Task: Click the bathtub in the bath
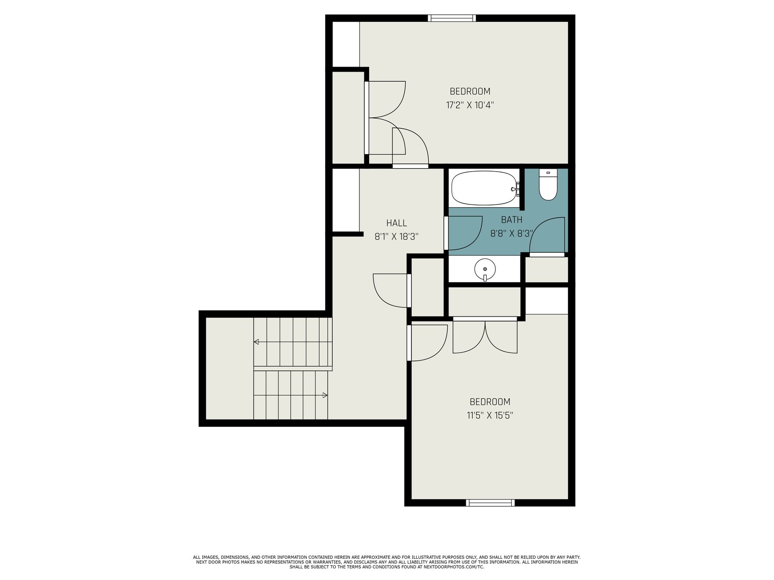pos(485,188)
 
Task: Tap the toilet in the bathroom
pos(548,185)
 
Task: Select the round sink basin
pos(485,269)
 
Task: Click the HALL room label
pos(396,223)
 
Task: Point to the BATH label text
pos(512,220)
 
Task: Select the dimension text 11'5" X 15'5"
pos(490,416)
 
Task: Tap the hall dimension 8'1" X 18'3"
pos(396,236)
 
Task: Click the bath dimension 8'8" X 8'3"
pos(512,233)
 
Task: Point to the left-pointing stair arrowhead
pos(256,342)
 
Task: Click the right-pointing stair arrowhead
pos(325,395)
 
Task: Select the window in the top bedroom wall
pos(452,18)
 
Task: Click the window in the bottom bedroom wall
pos(490,503)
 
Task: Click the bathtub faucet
pos(516,189)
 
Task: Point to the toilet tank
pos(548,173)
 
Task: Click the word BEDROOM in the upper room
pos(470,91)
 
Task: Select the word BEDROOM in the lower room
pos(490,402)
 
